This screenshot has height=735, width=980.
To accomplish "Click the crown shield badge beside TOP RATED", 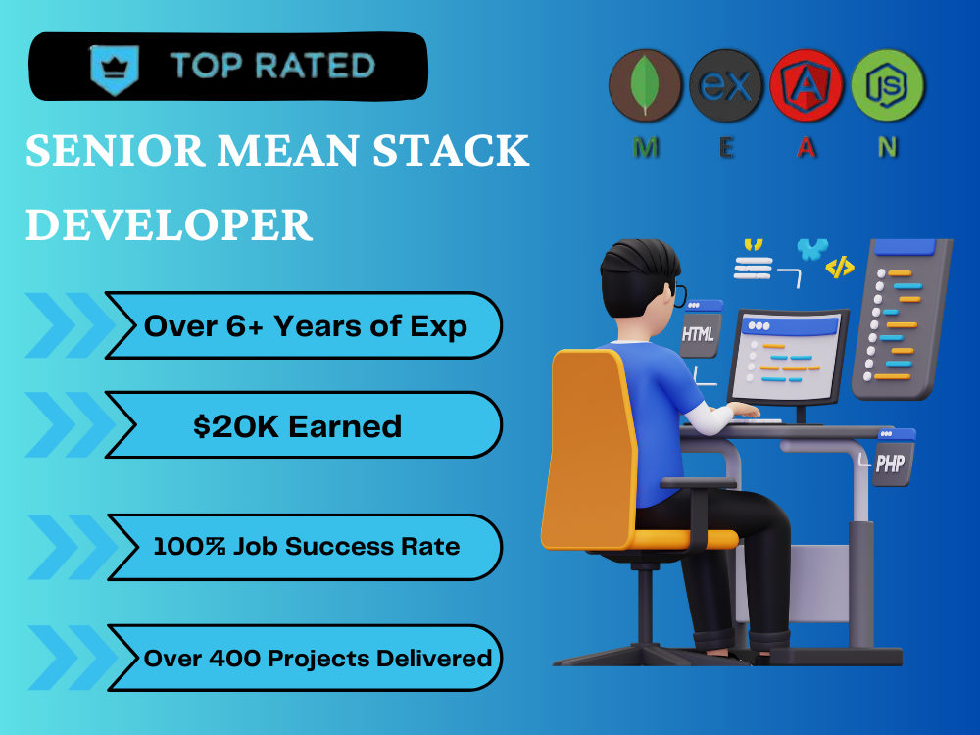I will [114, 67].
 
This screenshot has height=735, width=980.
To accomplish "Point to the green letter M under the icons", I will [645, 148].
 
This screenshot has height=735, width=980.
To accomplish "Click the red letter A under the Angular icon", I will [807, 148].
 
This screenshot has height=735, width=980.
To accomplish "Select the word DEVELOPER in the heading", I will [169, 224].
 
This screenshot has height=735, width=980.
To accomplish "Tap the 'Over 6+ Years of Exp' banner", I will [305, 325].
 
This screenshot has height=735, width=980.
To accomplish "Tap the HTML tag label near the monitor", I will [699, 334].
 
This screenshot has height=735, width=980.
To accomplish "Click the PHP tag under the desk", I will [890, 463].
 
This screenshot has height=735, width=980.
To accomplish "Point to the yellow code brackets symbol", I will [839, 267].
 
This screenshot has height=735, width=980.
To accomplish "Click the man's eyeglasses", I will [678, 294].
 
